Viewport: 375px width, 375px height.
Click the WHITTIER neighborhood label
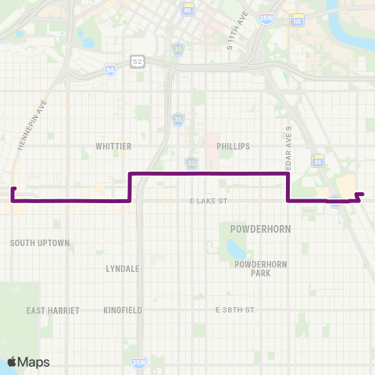(x=112, y=146)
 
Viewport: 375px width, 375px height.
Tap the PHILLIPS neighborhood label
(x=234, y=146)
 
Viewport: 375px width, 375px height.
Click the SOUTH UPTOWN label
(x=40, y=244)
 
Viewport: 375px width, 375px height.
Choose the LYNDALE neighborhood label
(x=122, y=268)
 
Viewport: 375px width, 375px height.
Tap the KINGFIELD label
(x=123, y=310)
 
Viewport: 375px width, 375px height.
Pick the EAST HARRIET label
(x=53, y=310)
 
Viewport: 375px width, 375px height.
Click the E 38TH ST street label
(x=235, y=310)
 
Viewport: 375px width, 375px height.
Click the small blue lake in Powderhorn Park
(x=234, y=250)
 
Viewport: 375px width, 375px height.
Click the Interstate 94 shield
(x=109, y=70)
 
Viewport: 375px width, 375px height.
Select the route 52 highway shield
(x=137, y=60)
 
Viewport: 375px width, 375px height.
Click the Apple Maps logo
(x=28, y=362)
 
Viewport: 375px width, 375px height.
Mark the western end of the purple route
(x=12, y=189)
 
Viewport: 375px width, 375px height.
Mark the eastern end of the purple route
(x=363, y=193)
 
